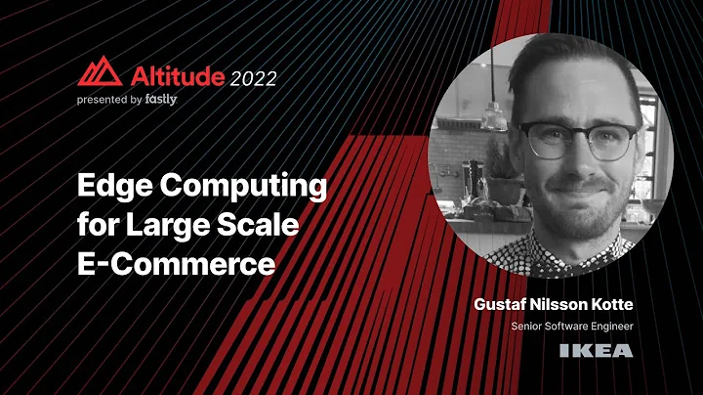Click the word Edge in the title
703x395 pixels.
tap(111, 187)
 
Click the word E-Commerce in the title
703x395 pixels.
tap(176, 265)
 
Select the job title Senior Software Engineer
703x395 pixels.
tap(572, 327)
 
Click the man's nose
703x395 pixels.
tap(580, 166)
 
